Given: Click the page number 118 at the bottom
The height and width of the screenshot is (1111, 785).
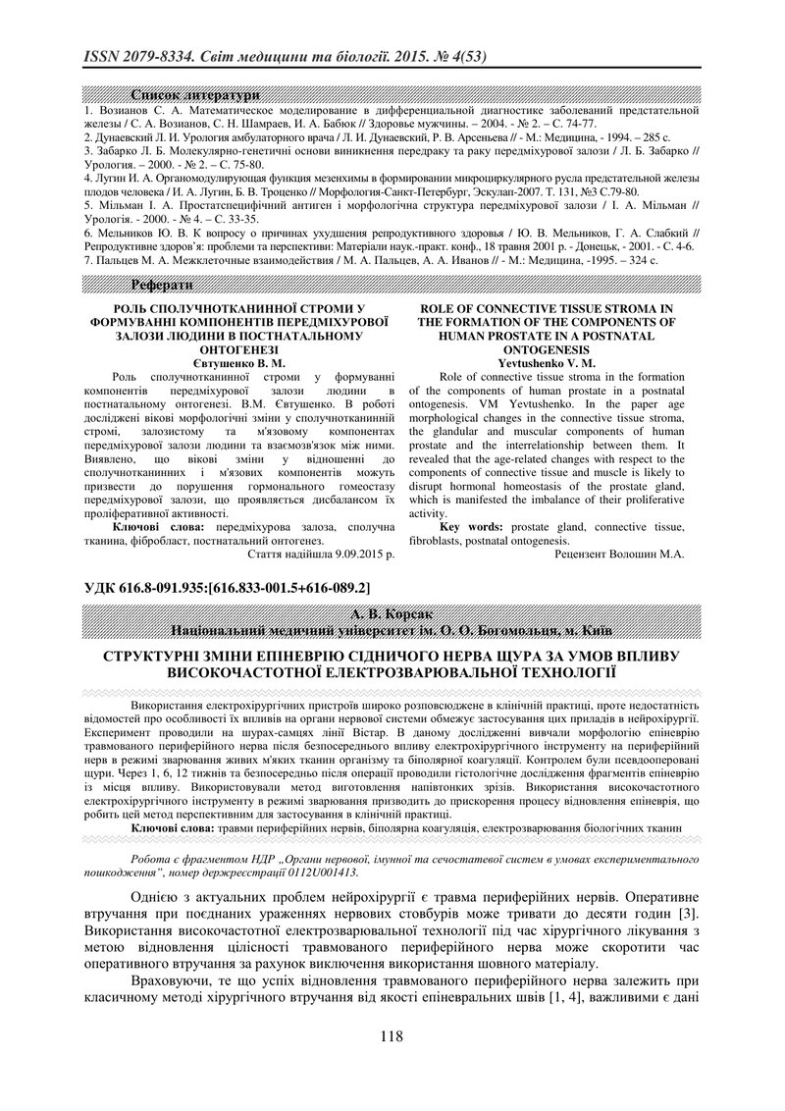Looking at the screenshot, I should point(392,1036).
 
